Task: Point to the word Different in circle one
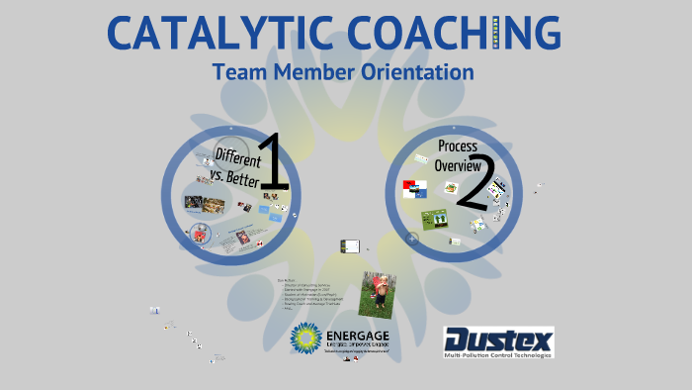click(237, 158)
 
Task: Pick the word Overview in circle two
click(458, 166)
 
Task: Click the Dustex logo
click(498, 341)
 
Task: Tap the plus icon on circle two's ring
click(412, 238)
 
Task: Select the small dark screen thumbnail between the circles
click(350, 245)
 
